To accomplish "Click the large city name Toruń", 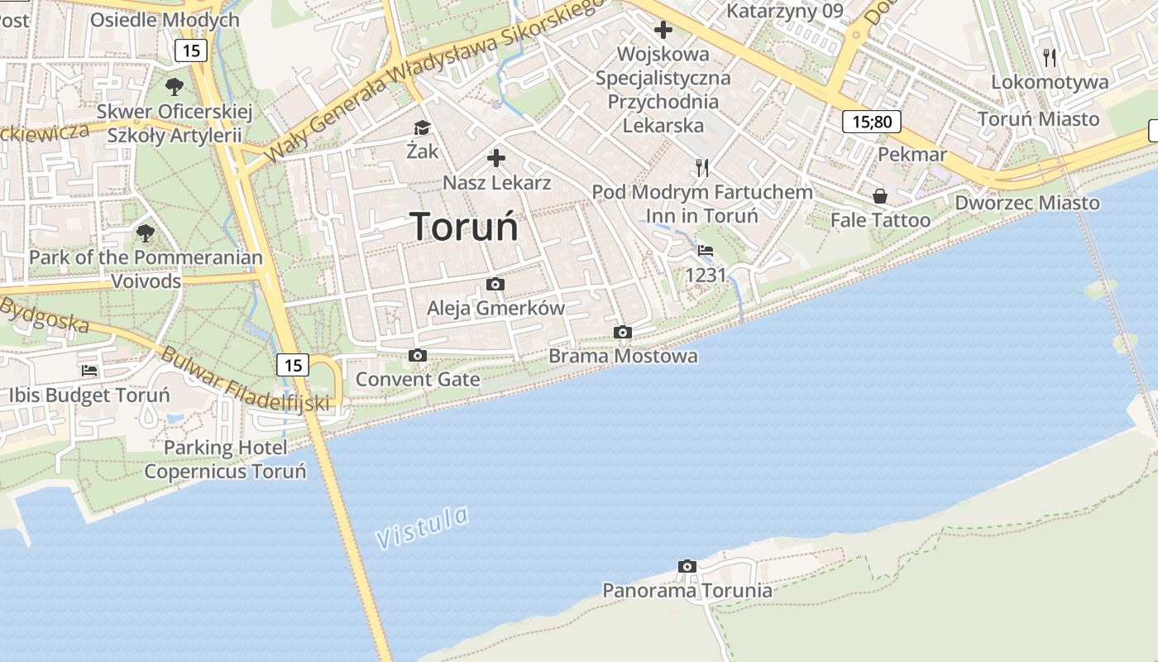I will [464, 227].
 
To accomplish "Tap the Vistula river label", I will [422, 527].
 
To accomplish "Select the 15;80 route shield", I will [872, 122].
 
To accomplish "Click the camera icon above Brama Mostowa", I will [623, 332].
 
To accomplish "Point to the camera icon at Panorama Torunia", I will [687, 566].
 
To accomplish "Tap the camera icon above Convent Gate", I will [418, 355].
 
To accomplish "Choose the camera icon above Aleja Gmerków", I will [495, 284].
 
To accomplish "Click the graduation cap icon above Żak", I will [423, 127].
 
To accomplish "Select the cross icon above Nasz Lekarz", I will [496, 157].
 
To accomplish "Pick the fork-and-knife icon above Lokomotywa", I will [1050, 57].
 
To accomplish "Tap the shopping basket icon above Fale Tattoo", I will [880, 196].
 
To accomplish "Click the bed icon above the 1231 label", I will [706, 250].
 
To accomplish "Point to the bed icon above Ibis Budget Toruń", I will [89, 370].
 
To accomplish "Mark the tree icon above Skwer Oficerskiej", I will [175, 86].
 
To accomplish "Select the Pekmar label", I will [912, 155].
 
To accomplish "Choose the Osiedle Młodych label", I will [165, 19].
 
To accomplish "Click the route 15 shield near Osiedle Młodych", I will [191, 50].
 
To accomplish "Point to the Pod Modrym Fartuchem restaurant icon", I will [702, 168].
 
